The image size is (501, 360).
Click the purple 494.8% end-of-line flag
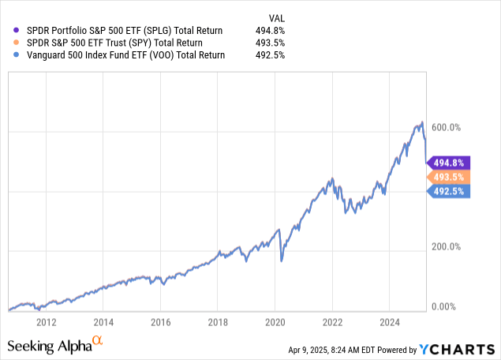[x=448, y=162]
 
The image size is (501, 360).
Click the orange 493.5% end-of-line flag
[x=448, y=177]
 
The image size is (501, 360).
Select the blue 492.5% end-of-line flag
[x=448, y=191]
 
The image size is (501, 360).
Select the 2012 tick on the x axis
[x=47, y=322]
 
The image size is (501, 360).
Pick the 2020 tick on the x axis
[x=275, y=322]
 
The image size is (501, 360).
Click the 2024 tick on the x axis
[x=390, y=322]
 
